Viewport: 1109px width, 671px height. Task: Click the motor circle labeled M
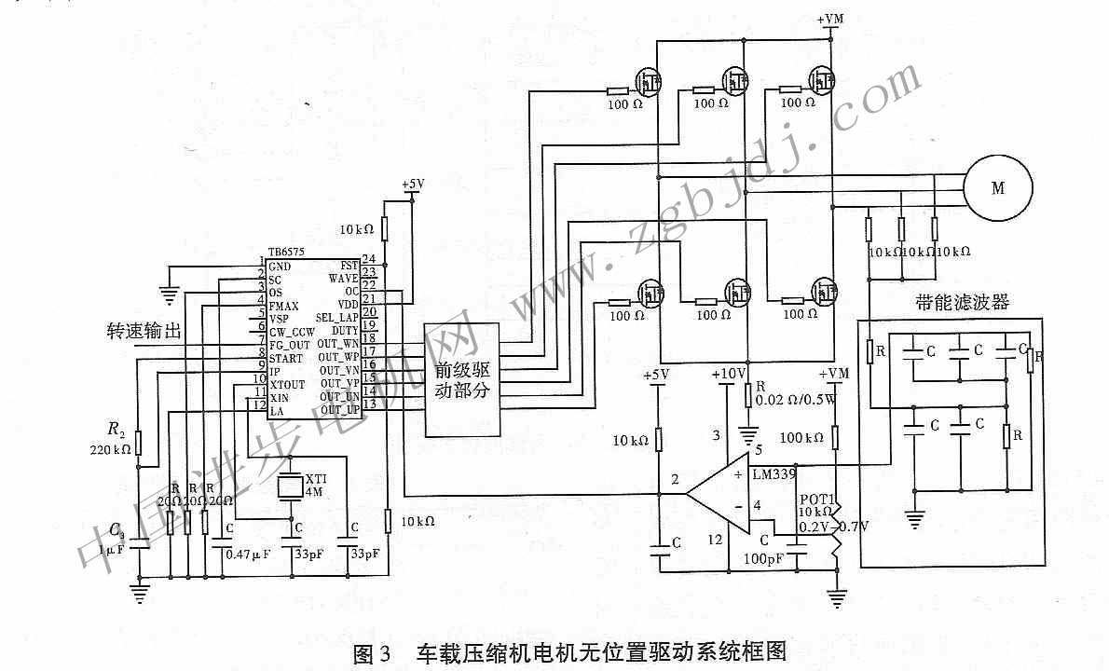[998, 187]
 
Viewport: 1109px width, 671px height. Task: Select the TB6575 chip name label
[285, 253]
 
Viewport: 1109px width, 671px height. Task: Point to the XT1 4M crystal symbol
[291, 486]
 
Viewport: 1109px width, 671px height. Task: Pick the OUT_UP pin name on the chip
[339, 409]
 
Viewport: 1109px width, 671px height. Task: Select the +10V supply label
[728, 374]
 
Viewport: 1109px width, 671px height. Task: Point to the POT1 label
[814, 498]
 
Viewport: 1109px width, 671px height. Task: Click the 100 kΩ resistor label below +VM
[801, 437]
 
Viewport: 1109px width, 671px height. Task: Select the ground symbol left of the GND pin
[169, 295]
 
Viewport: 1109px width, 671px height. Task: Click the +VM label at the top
[830, 18]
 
